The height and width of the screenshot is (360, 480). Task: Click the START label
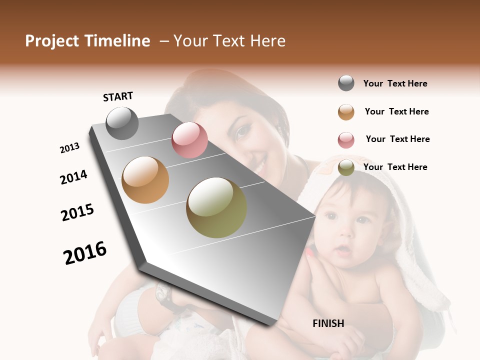118,96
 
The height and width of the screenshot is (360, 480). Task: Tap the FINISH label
328,323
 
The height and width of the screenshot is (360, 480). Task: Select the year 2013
69,148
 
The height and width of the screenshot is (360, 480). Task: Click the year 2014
73,177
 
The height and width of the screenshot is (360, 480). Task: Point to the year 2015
77,212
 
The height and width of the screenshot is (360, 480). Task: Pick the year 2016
85,253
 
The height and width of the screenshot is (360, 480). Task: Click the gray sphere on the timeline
122,123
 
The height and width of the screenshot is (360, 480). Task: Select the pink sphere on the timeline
189,140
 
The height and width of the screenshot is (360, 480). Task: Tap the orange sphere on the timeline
145,180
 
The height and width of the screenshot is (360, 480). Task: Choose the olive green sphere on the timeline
216,207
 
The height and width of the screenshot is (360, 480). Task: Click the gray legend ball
346,83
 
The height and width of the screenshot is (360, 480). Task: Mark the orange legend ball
346,111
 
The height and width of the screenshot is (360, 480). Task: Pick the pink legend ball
346,140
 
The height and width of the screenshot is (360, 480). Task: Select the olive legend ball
346,168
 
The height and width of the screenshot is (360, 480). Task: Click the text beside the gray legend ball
395,83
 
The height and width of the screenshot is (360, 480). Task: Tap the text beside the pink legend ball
397,139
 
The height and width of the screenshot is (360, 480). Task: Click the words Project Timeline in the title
87,41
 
